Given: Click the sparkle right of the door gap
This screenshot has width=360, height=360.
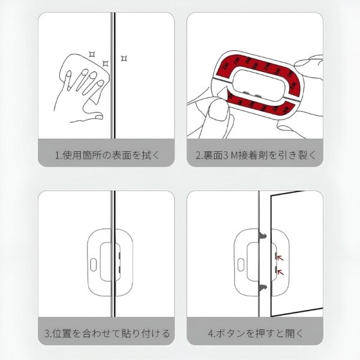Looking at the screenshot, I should [x=124, y=58].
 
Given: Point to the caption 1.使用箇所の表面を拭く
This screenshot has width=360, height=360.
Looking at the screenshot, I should [x=107, y=155].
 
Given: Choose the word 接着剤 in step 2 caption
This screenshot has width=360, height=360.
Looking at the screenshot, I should [x=251, y=155].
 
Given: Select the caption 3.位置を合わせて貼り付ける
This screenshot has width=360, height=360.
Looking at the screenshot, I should [x=107, y=333].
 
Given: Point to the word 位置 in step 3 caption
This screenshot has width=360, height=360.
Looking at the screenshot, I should [x=60, y=333].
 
